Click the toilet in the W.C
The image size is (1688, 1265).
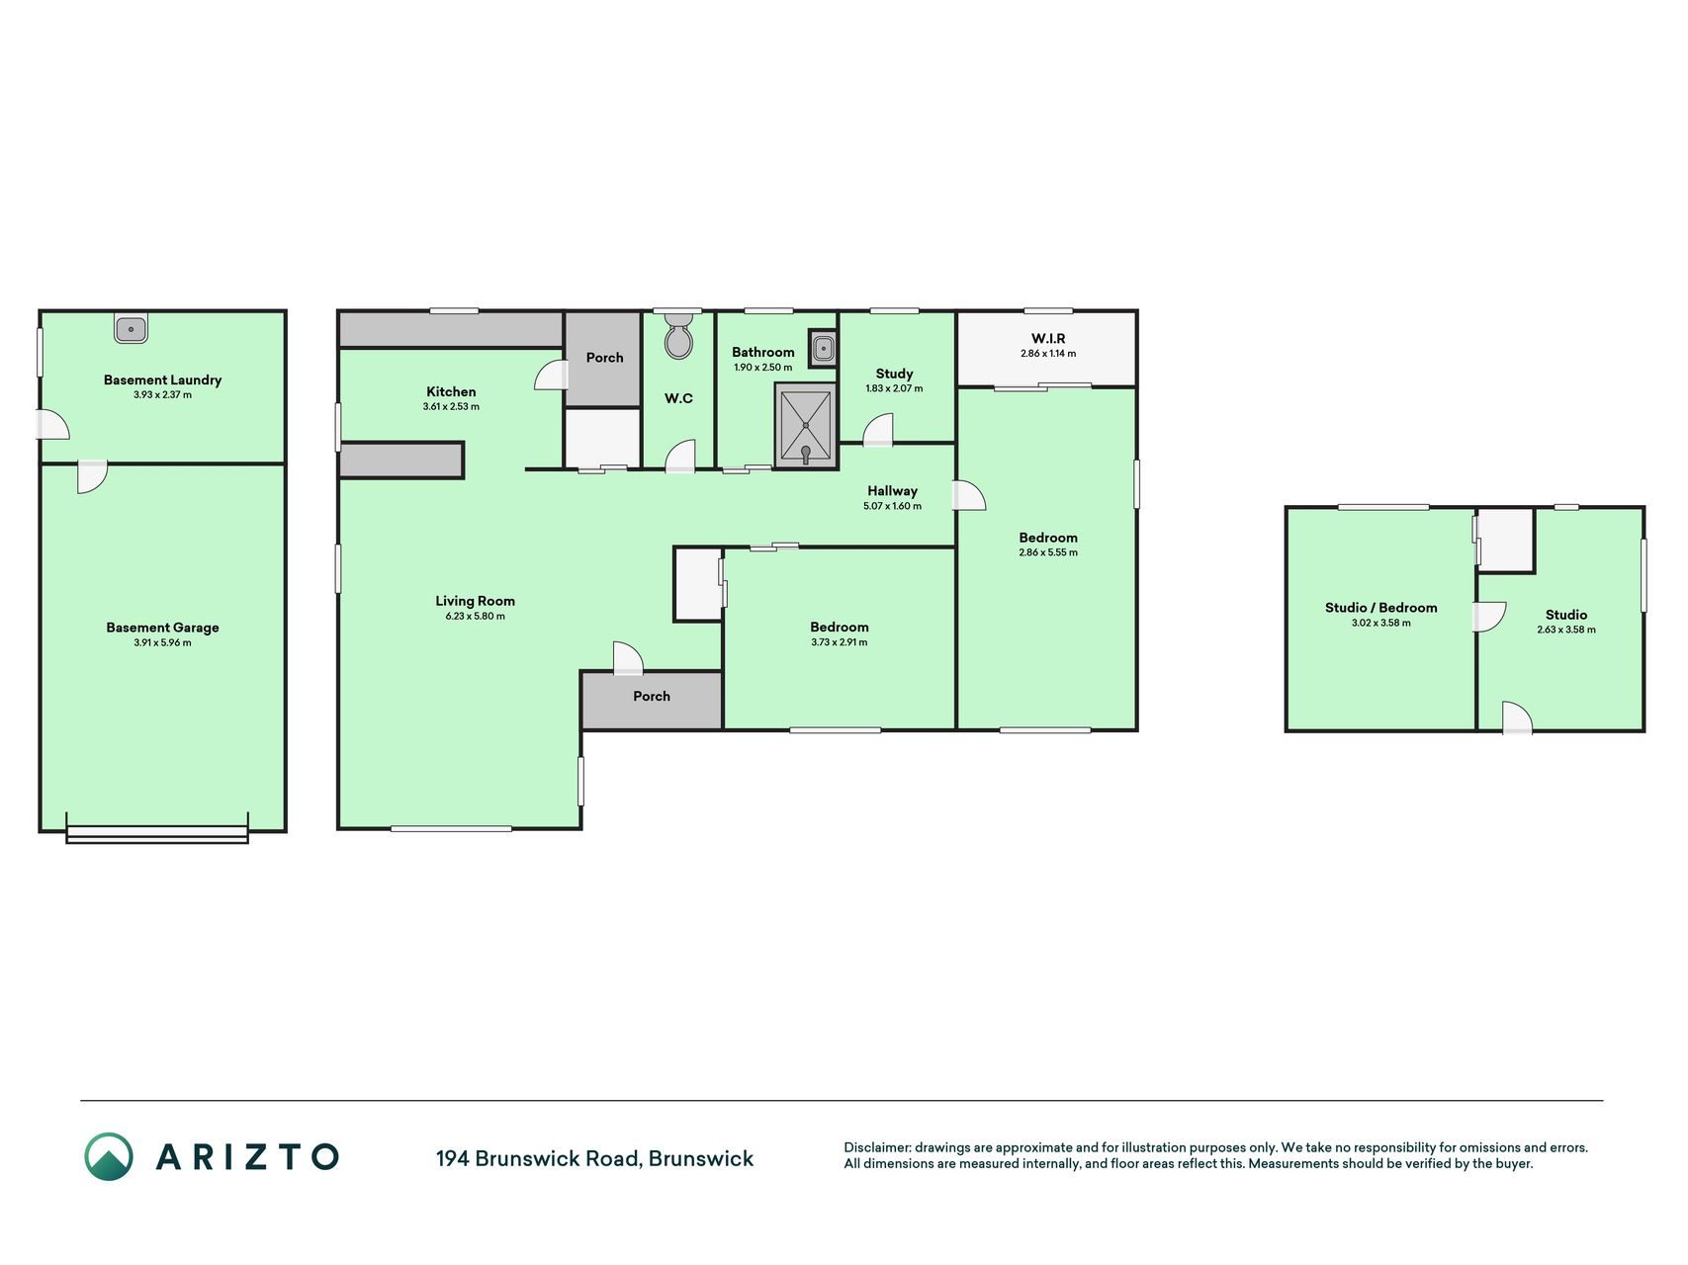tap(678, 336)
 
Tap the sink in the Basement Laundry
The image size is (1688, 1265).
tap(131, 329)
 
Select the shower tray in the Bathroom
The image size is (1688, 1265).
tap(806, 426)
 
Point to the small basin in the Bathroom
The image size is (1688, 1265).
tap(823, 348)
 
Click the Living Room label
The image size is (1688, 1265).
tap(475, 601)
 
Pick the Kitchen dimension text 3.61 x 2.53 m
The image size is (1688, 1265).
tap(451, 407)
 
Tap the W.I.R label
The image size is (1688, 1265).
tap(1048, 338)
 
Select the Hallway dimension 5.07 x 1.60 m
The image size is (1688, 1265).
tap(892, 506)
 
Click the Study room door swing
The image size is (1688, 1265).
tap(878, 431)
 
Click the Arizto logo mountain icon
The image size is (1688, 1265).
tap(108, 1156)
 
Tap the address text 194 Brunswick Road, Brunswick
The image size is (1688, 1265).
tap(594, 1158)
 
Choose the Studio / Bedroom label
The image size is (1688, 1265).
tap(1380, 608)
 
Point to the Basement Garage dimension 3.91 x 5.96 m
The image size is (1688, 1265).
tap(162, 643)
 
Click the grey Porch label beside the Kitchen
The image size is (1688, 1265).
tap(604, 358)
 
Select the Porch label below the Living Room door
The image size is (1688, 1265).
tap(652, 696)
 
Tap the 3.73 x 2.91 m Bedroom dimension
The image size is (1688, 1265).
tap(839, 642)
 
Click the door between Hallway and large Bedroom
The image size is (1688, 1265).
tap(969, 495)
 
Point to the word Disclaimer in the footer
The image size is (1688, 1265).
tap(876, 1147)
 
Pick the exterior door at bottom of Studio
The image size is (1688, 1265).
tap(1517, 718)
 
